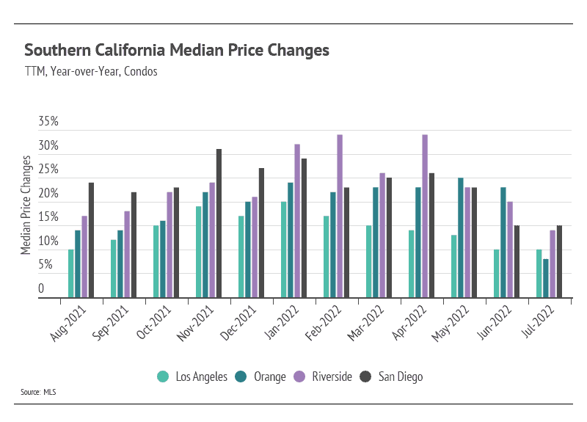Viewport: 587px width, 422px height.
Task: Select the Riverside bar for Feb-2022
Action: (340, 217)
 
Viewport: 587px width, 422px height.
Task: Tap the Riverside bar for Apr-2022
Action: (425, 217)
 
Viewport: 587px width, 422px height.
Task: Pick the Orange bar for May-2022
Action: (460, 238)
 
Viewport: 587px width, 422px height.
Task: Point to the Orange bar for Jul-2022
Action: (545, 278)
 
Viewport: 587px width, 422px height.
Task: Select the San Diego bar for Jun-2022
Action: (517, 261)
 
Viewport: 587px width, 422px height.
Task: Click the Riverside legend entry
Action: (325, 376)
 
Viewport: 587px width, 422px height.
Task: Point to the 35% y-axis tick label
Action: (48, 123)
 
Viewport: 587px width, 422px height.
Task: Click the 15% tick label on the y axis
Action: (48, 217)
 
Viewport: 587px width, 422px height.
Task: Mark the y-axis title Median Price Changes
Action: (26, 205)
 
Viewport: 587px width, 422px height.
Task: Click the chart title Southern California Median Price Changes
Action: (177, 51)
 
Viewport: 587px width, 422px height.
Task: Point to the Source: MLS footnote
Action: (38, 392)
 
